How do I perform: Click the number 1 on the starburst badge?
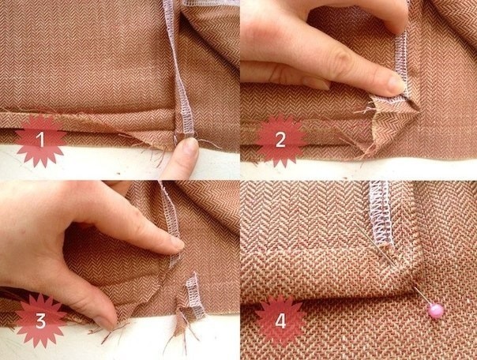tap(40, 141)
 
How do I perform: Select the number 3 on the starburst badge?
tap(41, 321)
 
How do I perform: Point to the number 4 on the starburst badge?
tap(280, 321)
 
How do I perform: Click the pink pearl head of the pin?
tap(436, 311)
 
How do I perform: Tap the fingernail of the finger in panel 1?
tap(191, 145)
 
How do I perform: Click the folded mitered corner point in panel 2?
tap(417, 107)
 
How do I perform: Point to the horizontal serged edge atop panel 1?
tap(211, 2)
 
